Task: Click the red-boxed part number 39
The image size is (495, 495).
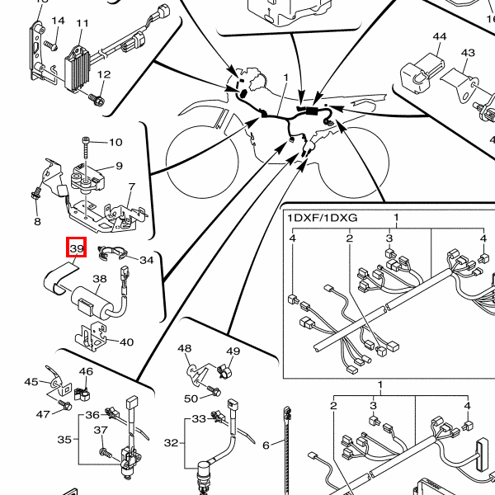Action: [77, 248]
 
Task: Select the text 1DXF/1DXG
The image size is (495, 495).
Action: [323, 218]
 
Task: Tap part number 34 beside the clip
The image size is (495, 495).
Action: [147, 260]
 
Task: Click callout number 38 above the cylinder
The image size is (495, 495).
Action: [100, 279]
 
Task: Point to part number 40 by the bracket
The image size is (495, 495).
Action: [126, 342]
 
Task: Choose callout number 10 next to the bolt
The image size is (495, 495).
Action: [115, 143]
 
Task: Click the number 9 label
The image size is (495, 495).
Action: [119, 166]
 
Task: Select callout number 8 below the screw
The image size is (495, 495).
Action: [37, 222]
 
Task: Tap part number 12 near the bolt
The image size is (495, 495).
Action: [104, 74]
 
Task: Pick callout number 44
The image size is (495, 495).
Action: [440, 36]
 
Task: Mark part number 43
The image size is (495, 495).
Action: [468, 53]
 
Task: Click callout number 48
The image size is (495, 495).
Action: [184, 348]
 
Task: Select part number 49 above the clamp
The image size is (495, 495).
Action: [233, 351]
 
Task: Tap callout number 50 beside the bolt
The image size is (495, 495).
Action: [191, 398]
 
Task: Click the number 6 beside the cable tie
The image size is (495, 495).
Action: [266, 445]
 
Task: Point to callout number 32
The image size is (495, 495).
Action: [172, 443]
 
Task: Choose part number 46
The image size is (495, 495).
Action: [86, 371]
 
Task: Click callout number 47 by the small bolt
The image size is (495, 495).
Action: [43, 414]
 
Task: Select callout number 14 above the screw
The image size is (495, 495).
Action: [58, 21]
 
